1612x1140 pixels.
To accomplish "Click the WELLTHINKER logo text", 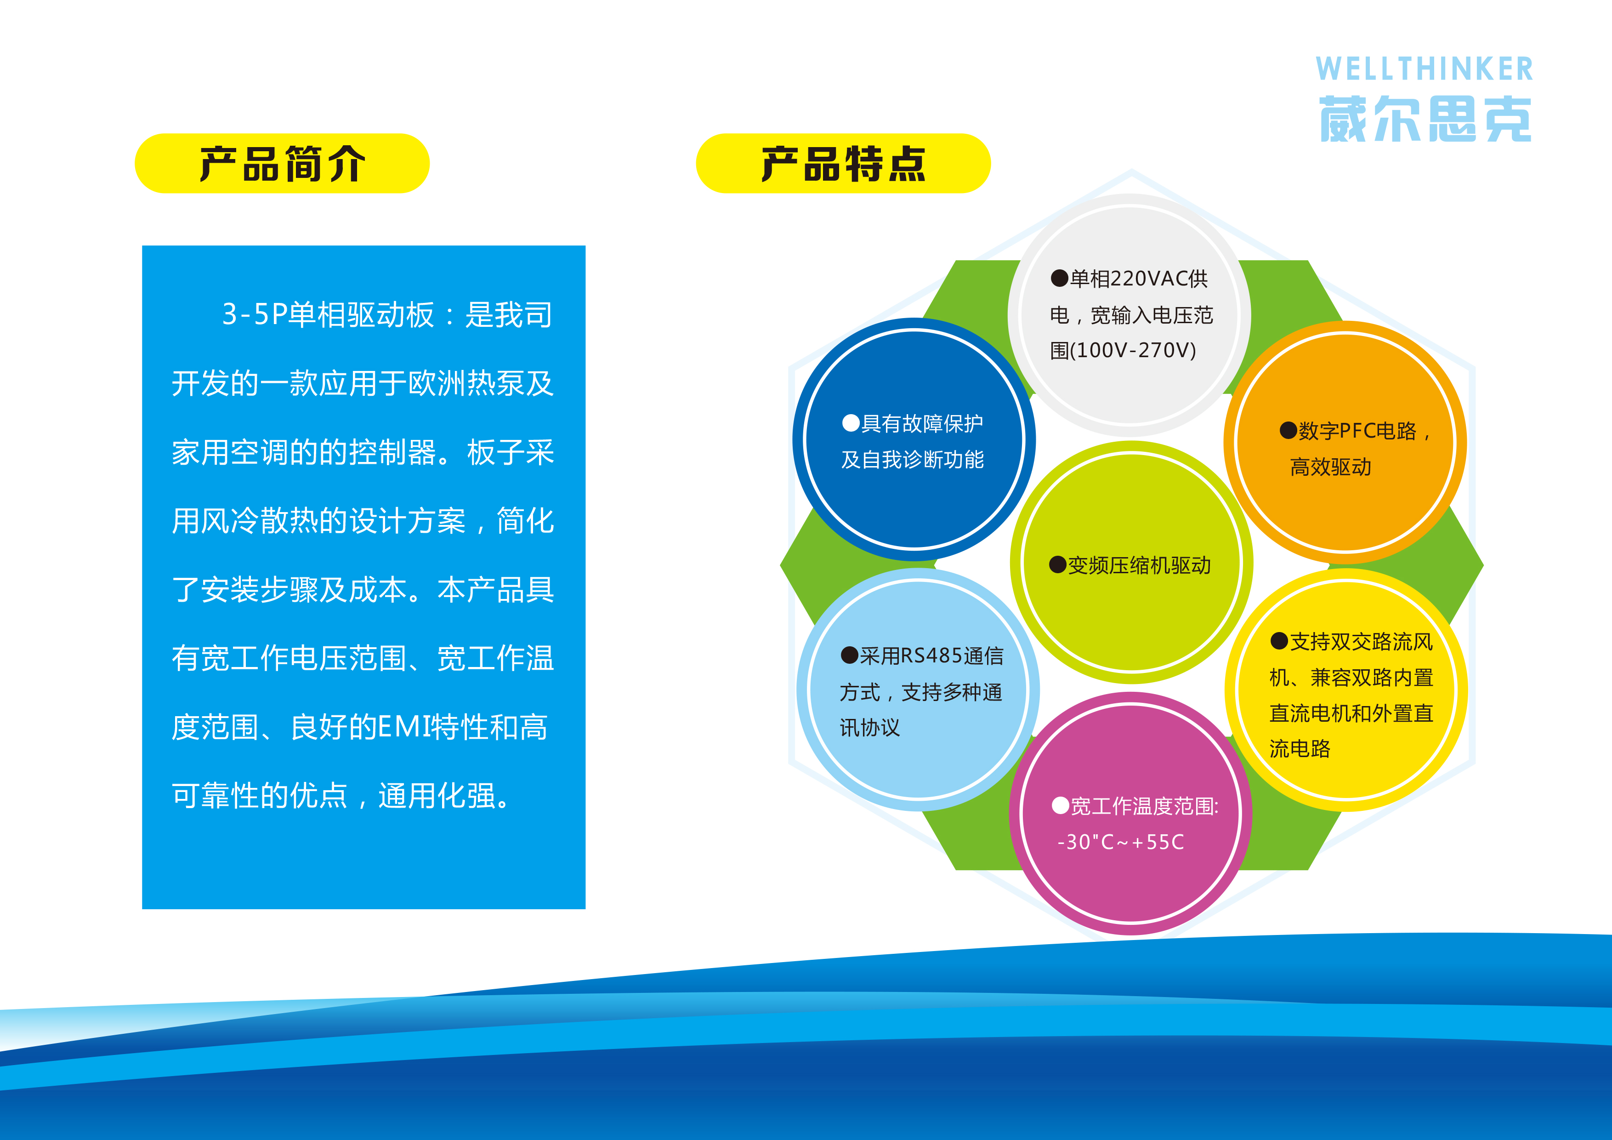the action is pyautogui.click(x=1424, y=69).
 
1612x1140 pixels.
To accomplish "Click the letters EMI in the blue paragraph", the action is pyautogui.click(x=404, y=727).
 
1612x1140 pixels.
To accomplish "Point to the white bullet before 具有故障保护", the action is pyautogui.click(x=851, y=423).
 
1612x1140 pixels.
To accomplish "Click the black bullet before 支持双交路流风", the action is pyautogui.click(x=1279, y=641).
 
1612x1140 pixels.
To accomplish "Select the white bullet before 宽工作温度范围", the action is pyautogui.click(x=1060, y=806).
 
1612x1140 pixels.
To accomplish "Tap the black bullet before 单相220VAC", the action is pyautogui.click(x=1060, y=279).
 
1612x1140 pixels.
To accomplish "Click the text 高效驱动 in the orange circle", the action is pyautogui.click(x=1330, y=467).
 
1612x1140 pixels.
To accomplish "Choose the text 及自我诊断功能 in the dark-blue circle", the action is pyautogui.click(x=913, y=459).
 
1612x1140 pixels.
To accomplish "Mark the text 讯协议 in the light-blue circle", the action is pyautogui.click(x=870, y=728).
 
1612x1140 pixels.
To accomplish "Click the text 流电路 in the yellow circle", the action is pyautogui.click(x=1300, y=749).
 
